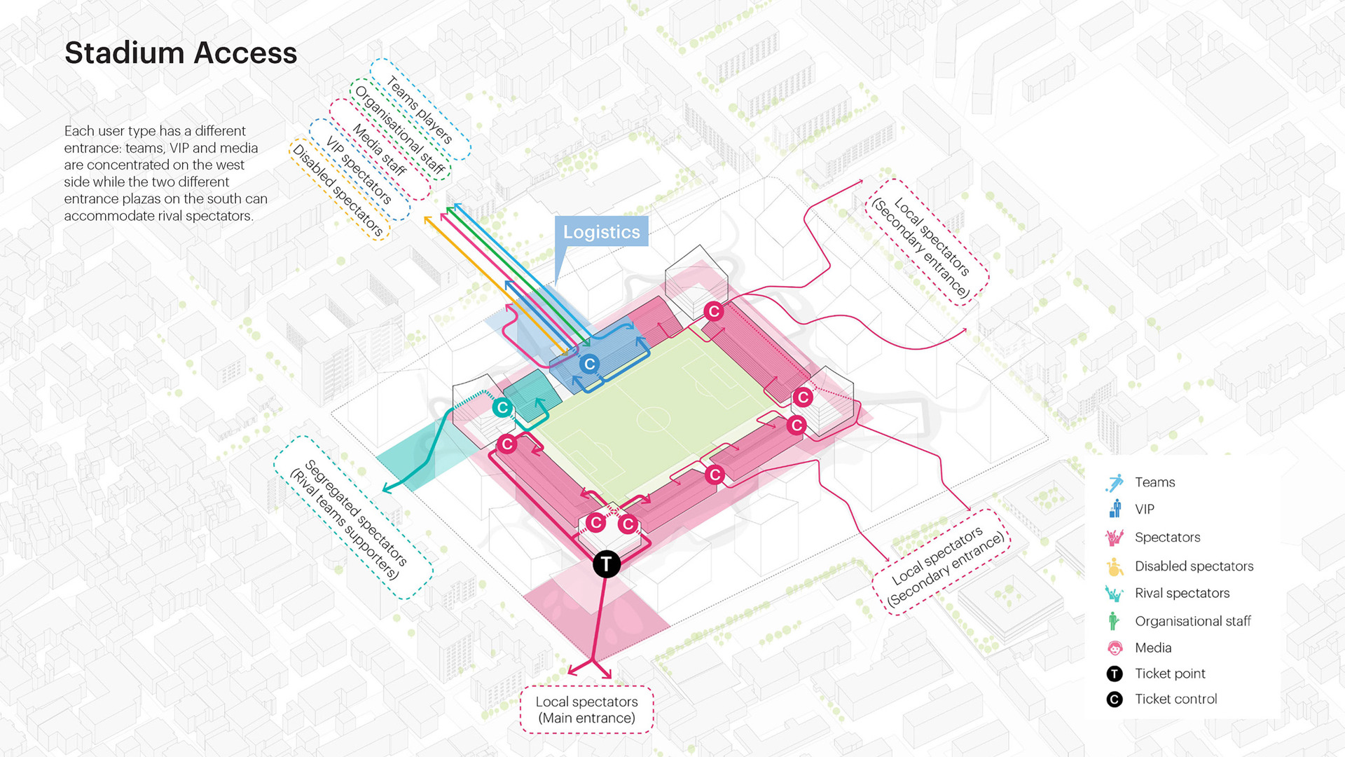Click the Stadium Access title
181,53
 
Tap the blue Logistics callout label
601,232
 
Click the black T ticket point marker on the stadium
607,564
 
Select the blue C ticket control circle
589,364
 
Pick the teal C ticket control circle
502,407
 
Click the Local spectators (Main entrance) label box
586,709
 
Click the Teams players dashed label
420,109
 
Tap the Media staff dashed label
379,149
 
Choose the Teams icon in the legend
1115,483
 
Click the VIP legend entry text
1145,510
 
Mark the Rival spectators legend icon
1114,594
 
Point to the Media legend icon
1115,648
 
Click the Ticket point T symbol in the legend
1115,674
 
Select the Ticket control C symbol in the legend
1115,700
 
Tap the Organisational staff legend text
1192,621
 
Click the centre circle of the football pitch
653,419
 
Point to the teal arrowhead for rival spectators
386,488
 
